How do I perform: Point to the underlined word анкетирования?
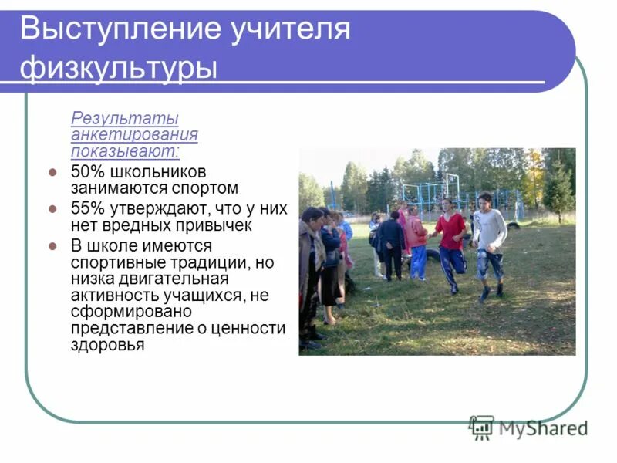(134, 134)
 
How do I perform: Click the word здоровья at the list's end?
(107, 345)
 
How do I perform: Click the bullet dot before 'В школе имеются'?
(52, 246)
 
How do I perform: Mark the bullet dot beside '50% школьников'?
(52, 172)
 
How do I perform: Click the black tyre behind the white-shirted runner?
(513, 225)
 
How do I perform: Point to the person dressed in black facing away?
(392, 245)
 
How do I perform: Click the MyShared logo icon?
(481, 427)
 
